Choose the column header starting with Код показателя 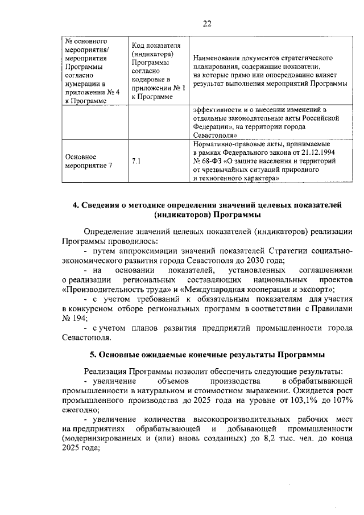pyautogui.click(x=156, y=71)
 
